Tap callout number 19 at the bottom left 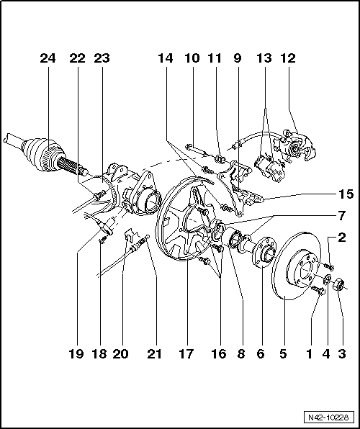point(77,353)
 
